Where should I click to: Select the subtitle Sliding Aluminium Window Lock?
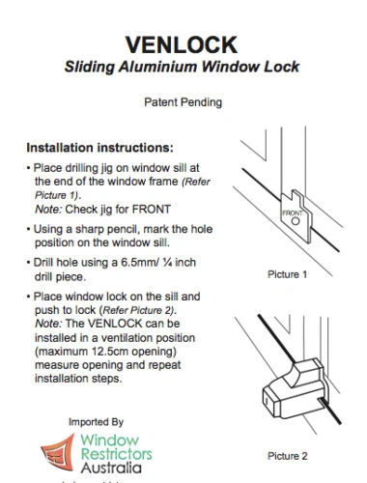[x=182, y=67]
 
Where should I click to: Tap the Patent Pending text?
[x=182, y=100]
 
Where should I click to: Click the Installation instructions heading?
[x=99, y=149]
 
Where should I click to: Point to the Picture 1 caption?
[x=287, y=274]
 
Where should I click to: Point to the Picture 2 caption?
[x=287, y=454]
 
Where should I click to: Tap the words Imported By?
[x=97, y=422]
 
